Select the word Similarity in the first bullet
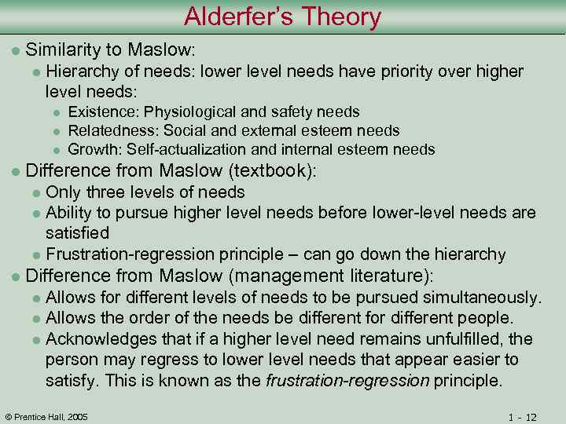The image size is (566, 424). [60, 50]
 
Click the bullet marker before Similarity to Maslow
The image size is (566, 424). [13, 51]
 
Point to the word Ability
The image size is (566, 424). [67, 213]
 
